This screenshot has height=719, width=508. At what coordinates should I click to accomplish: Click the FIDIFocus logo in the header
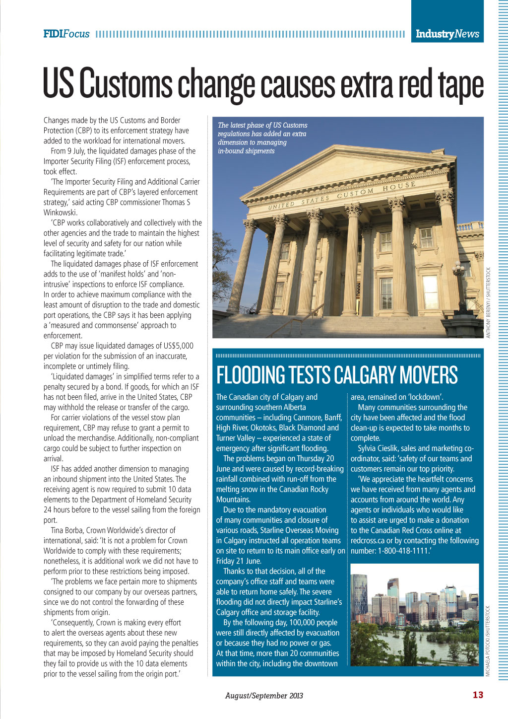(x=66, y=34)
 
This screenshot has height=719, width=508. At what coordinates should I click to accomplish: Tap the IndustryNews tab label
(x=447, y=34)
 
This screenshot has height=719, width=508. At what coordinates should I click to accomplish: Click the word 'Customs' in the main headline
(x=126, y=83)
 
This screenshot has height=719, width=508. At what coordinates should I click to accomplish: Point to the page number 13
(x=477, y=695)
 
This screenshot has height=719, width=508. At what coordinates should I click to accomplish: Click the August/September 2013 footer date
(x=264, y=695)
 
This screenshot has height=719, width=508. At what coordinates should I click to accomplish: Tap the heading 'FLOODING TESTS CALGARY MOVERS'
(x=337, y=375)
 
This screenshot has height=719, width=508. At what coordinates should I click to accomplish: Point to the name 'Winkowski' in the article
(x=60, y=213)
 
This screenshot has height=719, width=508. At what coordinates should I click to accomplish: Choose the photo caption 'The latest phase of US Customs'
(x=262, y=125)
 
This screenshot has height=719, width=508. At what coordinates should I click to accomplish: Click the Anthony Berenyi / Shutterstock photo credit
(x=488, y=302)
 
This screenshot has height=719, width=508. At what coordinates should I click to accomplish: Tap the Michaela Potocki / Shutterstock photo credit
(x=488, y=641)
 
